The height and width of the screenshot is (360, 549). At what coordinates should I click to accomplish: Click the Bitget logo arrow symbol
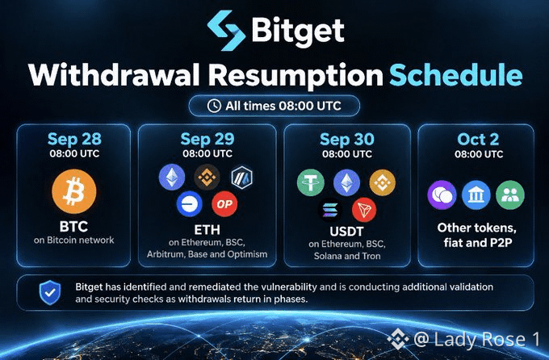coord(226,30)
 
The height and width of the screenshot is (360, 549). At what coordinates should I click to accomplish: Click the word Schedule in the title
coord(455,75)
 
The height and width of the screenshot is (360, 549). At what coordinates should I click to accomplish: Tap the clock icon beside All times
coord(214,106)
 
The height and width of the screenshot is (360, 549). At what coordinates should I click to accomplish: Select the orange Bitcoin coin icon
coord(74,191)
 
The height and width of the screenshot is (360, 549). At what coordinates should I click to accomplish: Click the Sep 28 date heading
coord(74,139)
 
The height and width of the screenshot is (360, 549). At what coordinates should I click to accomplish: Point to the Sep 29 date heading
coord(207,139)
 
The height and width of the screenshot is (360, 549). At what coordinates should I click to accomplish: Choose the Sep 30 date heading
coord(347,140)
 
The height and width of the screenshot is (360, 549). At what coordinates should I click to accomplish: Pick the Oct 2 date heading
coord(478,140)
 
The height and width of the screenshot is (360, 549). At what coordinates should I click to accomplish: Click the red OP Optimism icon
coord(224,204)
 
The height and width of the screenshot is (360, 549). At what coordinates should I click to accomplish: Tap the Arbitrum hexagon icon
coord(242,178)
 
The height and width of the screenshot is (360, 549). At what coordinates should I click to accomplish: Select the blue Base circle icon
coord(190,204)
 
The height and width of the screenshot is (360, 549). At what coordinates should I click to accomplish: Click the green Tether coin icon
coord(311,182)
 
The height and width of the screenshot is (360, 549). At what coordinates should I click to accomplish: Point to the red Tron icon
coord(364,210)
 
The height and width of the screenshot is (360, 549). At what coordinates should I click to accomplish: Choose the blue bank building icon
coord(476,195)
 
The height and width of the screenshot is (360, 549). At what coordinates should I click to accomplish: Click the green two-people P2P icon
coord(510,195)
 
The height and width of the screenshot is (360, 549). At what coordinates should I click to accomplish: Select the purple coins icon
coord(442,195)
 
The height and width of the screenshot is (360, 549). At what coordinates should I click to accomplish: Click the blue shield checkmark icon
coord(50,292)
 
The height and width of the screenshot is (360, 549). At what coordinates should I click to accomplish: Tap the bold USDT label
coord(346,232)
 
